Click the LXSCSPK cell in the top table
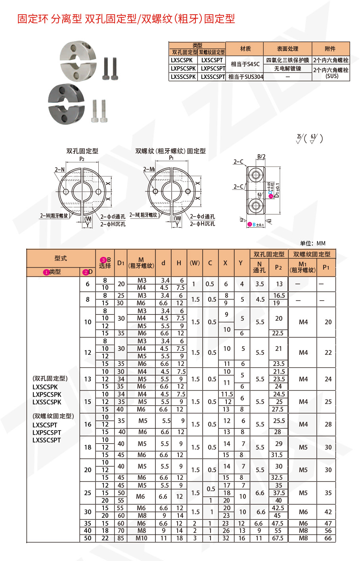(x=182, y=60)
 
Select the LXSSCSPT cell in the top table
(x=213, y=77)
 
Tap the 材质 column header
(x=245, y=49)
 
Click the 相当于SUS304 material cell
(x=245, y=77)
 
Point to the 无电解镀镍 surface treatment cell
(x=287, y=69)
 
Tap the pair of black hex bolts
(x=110, y=69)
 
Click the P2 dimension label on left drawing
(x=82, y=159)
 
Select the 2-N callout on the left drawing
(x=59, y=169)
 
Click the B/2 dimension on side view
(x=261, y=157)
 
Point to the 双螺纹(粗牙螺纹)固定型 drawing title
(x=170, y=151)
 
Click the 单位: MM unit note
(x=313, y=243)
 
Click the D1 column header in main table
(x=121, y=263)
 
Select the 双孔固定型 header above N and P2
(x=269, y=254)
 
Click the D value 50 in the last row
(x=88, y=538)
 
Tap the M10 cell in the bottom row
(x=141, y=538)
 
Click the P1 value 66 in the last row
(x=327, y=538)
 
